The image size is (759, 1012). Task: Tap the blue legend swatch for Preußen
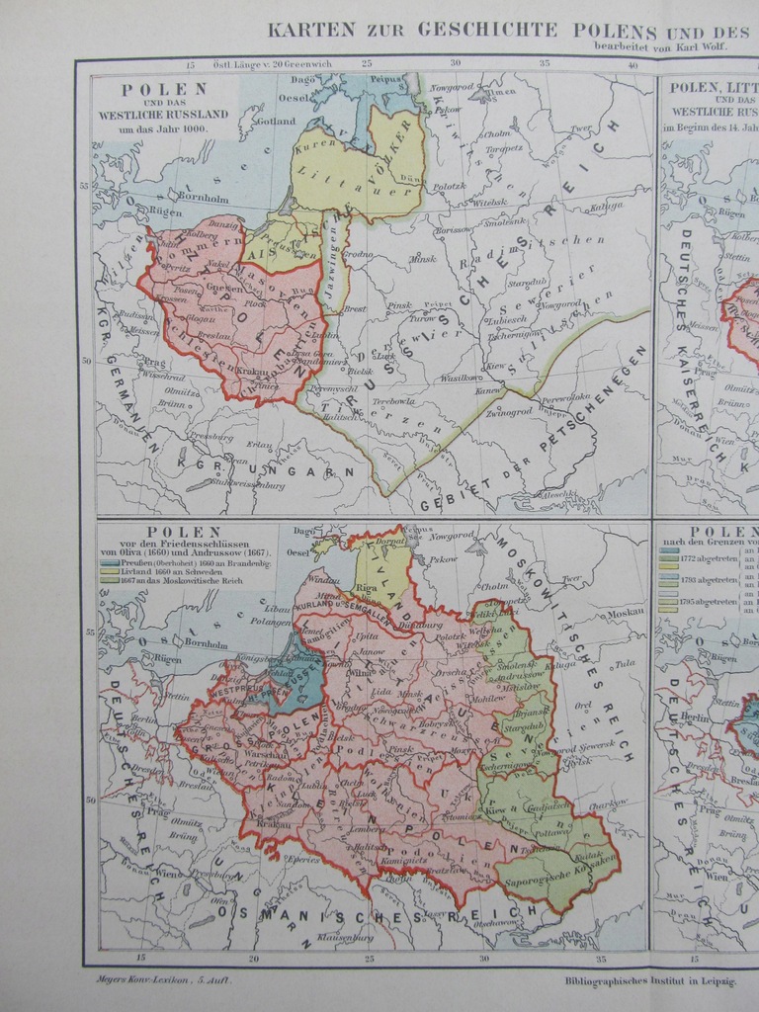108,561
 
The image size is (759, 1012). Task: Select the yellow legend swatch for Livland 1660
108,571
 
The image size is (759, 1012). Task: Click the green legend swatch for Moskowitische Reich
108,581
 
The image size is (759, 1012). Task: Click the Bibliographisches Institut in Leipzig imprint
650,980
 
